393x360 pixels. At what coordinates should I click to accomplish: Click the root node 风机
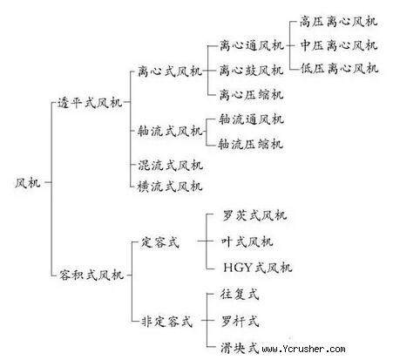click(28, 183)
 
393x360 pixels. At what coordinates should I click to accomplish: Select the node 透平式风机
click(90, 103)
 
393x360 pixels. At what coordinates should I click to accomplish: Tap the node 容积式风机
click(91, 275)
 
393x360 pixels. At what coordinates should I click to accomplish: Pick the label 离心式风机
click(170, 71)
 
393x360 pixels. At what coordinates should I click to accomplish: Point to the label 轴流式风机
click(170, 131)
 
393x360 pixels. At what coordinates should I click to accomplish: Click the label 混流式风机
click(170, 166)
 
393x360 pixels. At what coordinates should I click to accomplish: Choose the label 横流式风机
click(170, 187)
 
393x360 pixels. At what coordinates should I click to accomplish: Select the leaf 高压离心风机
click(338, 22)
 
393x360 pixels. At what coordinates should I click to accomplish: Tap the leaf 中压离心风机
click(339, 45)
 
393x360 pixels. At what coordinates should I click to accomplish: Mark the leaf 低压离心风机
click(339, 69)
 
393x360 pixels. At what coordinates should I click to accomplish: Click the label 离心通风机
click(252, 45)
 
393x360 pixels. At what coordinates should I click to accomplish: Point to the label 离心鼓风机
click(251, 71)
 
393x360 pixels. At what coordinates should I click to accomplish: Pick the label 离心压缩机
click(251, 95)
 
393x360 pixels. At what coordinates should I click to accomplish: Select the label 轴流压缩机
click(250, 144)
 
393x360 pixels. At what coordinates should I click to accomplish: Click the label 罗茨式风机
click(254, 215)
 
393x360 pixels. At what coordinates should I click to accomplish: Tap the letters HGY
click(238, 268)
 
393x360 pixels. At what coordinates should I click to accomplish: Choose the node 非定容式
click(166, 322)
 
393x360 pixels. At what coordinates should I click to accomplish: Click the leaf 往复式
click(240, 294)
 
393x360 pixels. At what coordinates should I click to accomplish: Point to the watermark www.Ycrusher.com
click(304, 349)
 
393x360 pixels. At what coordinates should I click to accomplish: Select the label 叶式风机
click(247, 241)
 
